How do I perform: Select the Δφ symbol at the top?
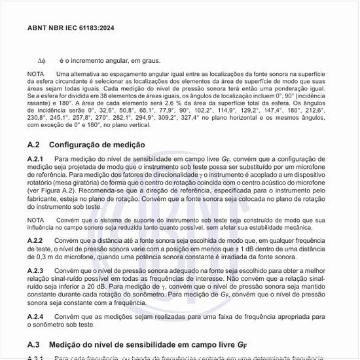(41, 61)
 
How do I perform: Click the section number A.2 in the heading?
(34, 145)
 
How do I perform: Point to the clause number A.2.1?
(35, 159)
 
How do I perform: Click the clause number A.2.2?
(35, 241)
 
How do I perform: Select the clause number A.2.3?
(35, 270)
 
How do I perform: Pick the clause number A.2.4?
(35, 316)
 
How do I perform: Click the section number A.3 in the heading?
(34, 344)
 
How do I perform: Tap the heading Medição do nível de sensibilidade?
(131, 344)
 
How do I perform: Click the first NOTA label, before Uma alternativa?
(36, 74)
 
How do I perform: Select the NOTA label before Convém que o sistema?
(36, 220)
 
